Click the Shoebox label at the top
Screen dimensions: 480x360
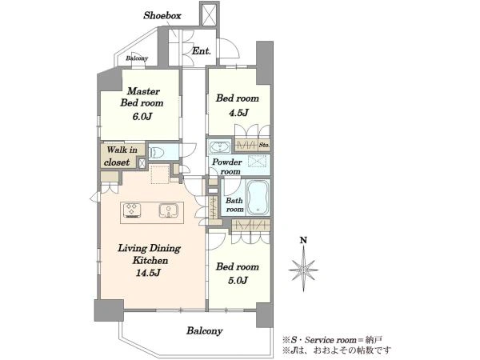pos(162,16)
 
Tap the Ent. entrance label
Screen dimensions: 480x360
pos(201,51)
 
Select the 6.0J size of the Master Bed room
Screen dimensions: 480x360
pos(142,117)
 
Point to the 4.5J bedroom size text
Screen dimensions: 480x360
pos(238,113)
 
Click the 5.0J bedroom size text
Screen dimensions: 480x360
pos(238,281)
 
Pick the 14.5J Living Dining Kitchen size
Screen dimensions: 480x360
pos(148,273)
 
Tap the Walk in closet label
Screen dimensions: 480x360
pos(122,156)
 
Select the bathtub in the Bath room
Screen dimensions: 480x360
pos(258,198)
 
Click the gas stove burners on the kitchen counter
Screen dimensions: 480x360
pos(132,210)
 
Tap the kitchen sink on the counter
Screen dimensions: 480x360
pos(168,210)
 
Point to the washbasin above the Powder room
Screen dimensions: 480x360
pos(220,146)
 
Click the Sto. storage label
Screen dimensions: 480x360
pos(264,145)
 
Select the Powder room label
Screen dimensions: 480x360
pos(227,166)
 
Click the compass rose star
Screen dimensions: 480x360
pos(303,269)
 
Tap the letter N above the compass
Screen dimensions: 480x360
pos(303,240)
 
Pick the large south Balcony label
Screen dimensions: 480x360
pos(205,330)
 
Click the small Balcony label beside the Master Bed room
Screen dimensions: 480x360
pos(137,58)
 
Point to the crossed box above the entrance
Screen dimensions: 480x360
pos(210,15)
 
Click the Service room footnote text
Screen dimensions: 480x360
pos(332,340)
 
